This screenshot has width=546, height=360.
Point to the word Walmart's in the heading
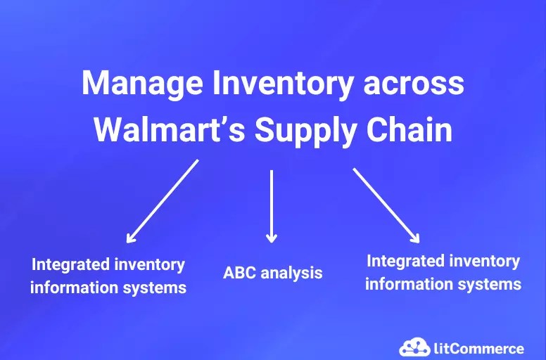point(168,131)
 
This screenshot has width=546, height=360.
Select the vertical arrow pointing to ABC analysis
point(272,204)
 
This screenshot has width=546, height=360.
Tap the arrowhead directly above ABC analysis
point(272,238)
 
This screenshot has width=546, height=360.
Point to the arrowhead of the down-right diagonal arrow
point(416,237)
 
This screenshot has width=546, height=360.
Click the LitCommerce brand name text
point(479,348)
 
